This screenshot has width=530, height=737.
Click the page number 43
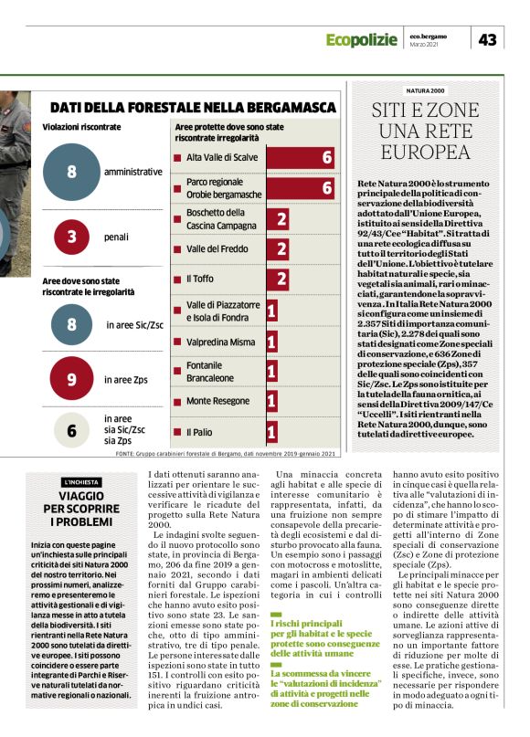(x=488, y=39)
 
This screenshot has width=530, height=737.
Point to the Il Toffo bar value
(x=281, y=279)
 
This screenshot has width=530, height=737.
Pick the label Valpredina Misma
(x=219, y=342)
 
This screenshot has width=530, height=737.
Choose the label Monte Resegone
(x=218, y=401)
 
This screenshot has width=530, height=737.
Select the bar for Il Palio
(x=271, y=431)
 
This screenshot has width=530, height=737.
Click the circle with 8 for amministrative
(x=71, y=172)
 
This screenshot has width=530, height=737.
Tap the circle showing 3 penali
(x=71, y=237)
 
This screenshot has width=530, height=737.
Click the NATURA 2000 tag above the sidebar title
(x=426, y=91)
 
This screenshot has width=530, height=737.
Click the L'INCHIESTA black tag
(x=80, y=481)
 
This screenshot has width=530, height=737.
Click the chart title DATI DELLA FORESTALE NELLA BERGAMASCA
(x=193, y=107)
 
